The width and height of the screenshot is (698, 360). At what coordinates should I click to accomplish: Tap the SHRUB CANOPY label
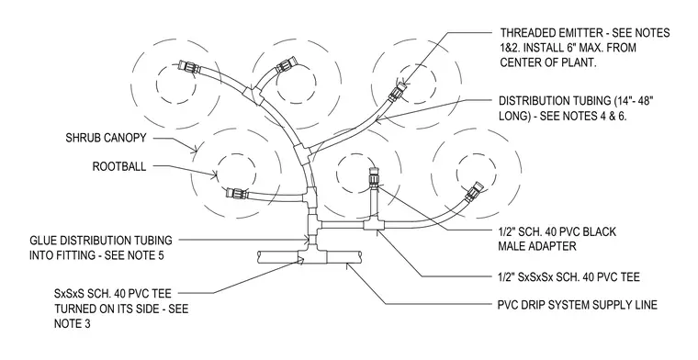coord(106,138)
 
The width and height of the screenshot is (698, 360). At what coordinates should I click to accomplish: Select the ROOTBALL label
coord(118,166)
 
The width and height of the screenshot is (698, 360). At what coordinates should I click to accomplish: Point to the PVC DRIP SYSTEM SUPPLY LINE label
coord(578,305)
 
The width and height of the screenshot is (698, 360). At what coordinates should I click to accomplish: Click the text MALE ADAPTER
coord(537,246)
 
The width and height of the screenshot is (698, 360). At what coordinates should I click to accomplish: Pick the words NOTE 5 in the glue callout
coord(144,256)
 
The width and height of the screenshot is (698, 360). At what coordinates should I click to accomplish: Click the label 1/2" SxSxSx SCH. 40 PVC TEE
coord(569,277)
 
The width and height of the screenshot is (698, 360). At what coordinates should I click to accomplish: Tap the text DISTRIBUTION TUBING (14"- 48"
coord(576,101)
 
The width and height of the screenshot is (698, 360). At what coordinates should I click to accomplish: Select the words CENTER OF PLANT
coord(548,62)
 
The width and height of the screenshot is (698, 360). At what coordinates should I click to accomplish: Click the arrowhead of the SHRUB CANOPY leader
coord(195,150)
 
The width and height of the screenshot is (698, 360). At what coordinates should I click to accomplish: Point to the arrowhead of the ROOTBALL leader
coord(215,175)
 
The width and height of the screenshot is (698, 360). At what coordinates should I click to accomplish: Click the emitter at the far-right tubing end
coord(473,190)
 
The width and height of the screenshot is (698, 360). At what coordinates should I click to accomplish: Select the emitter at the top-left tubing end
coord(186,68)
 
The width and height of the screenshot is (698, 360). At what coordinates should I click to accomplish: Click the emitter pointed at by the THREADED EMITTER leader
coord(397,92)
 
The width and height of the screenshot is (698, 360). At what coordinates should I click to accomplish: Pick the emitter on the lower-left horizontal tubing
coord(235,193)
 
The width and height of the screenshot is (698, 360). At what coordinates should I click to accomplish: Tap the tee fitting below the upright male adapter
coord(373,225)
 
